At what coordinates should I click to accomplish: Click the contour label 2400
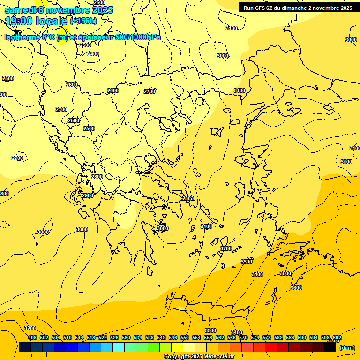tap(93, 54)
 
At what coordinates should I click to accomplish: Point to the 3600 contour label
tap(296, 288)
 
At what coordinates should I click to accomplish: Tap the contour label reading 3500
tap(285, 273)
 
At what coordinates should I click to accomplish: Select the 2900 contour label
tap(88, 195)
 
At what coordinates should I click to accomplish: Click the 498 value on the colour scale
tap(32, 337)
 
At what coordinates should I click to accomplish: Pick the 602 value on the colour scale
tap(337, 337)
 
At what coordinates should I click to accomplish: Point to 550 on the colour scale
tap(185, 337)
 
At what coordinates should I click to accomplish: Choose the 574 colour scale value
tap(255, 337)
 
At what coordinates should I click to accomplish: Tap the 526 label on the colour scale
tap(114, 337)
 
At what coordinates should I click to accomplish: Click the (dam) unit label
tap(347, 348)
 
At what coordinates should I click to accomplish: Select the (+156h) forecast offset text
tap(83, 21)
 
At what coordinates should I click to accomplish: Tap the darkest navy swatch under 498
tap(25, 347)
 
